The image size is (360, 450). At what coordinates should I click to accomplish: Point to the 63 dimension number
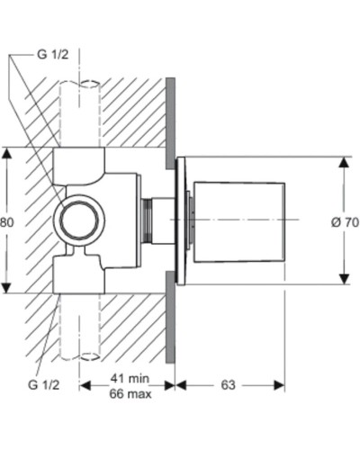click(x=228, y=385)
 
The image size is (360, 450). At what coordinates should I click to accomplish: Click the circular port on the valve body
click(x=78, y=220)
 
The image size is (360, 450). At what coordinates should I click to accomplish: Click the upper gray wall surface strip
click(x=169, y=121)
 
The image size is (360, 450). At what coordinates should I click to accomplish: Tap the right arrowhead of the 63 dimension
click(x=281, y=385)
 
